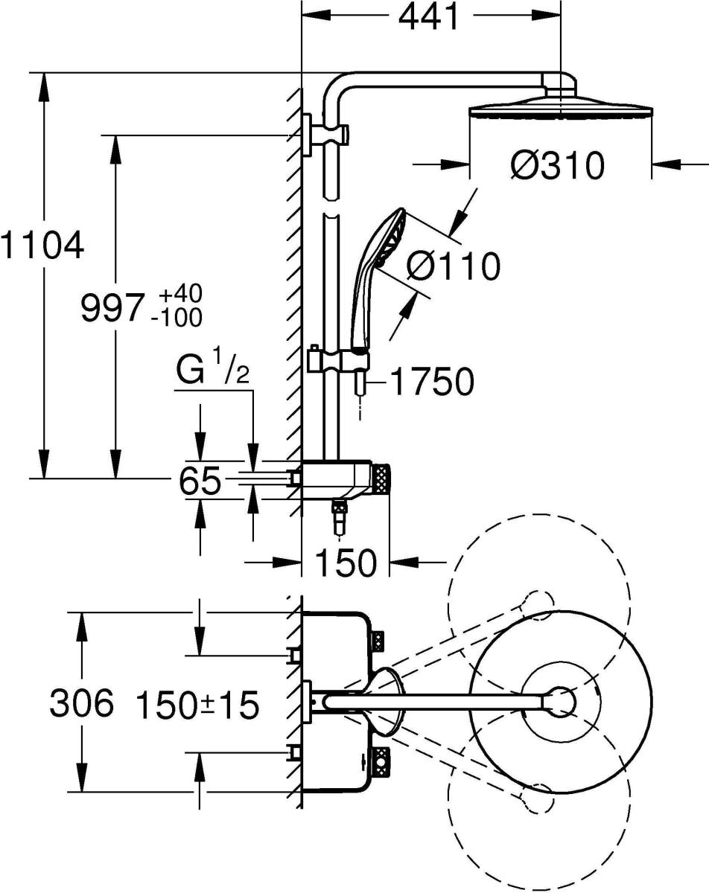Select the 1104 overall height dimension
point(41,245)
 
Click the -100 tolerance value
point(176,319)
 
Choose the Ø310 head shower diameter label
point(557,166)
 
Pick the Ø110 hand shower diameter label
point(454,266)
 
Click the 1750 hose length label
point(431,383)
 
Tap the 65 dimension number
point(200,481)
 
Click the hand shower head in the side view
point(386,238)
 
